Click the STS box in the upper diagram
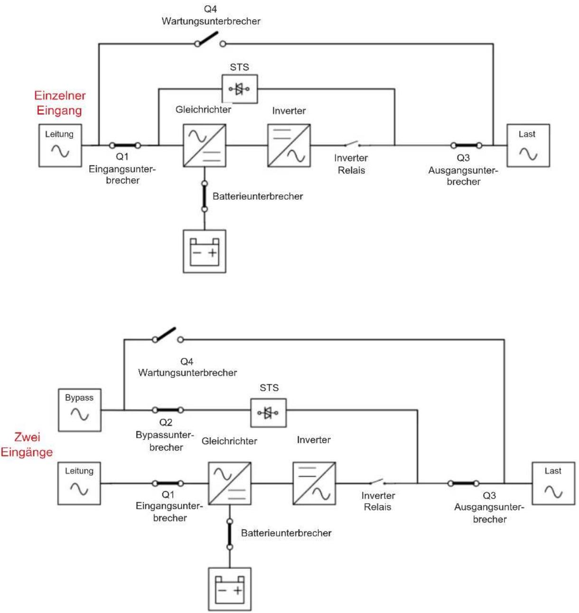point(240,88)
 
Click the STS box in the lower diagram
point(268,412)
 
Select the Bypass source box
point(79,410)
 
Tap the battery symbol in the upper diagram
point(205,251)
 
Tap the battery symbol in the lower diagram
point(230,589)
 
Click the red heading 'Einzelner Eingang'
point(59,103)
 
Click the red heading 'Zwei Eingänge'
point(27,444)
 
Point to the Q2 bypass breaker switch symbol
point(168,410)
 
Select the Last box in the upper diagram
point(528,145)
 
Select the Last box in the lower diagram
point(553,483)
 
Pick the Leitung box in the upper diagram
point(60,145)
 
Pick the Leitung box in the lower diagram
point(79,483)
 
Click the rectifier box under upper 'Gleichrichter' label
point(205,145)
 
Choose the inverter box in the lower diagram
point(314,483)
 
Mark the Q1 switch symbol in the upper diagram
point(125,145)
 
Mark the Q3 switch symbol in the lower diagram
point(463,483)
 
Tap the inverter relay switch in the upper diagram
point(352,144)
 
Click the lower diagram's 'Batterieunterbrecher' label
point(286,533)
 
